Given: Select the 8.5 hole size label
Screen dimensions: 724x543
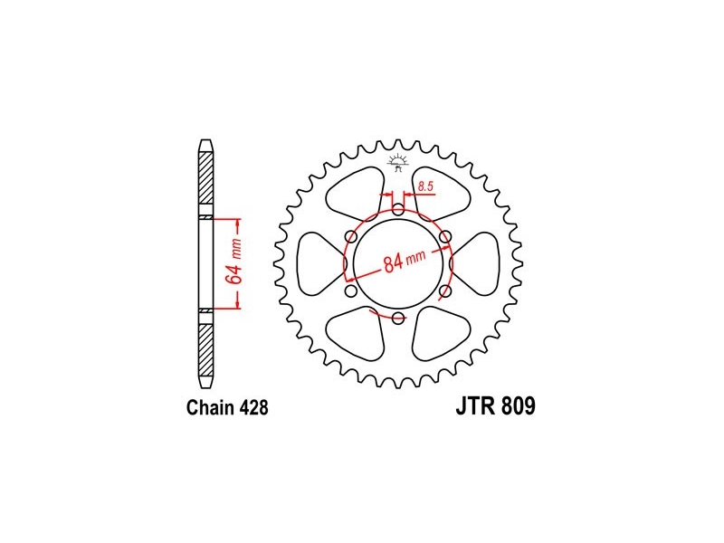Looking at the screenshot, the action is coord(425,186).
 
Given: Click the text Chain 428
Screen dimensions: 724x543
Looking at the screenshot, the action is coord(227,407).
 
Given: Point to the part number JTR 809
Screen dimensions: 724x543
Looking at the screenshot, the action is coord(495,406).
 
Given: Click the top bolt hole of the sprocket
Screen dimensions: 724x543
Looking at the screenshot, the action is coord(398,209).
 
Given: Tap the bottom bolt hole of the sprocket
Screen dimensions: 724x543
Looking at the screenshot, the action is coord(398,318).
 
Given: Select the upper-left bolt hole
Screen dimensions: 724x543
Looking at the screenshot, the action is coord(351,237).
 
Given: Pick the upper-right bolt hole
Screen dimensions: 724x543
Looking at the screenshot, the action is coord(445,237).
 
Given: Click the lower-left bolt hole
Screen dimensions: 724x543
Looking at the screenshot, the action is coord(351,291).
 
